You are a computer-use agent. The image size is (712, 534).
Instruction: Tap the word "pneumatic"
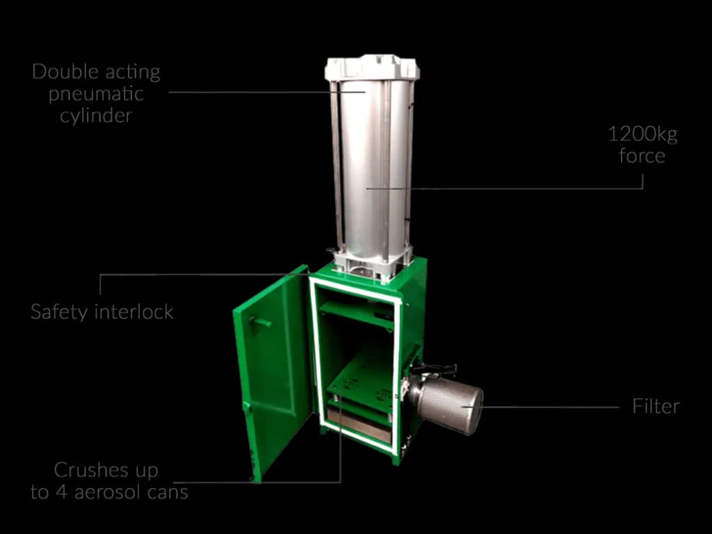(96, 95)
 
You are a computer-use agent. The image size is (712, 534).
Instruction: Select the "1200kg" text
(642, 136)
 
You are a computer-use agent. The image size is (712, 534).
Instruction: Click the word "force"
(642, 156)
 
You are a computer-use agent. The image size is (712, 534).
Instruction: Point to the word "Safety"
(60, 312)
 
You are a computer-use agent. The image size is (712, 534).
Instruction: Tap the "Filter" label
(656, 406)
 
